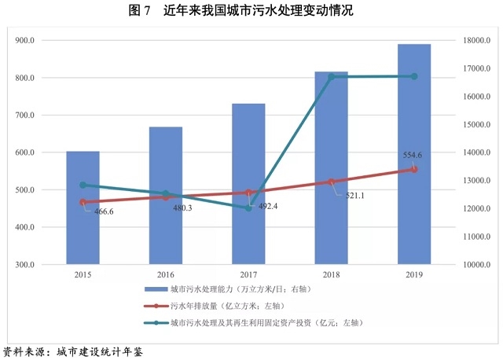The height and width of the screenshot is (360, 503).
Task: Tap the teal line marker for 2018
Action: click(x=332, y=76)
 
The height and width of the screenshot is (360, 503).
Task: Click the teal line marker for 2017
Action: click(x=248, y=208)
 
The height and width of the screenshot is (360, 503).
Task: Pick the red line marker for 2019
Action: click(x=414, y=169)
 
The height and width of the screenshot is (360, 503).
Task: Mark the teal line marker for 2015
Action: click(x=83, y=186)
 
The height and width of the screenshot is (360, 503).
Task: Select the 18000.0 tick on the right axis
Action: click(x=477, y=41)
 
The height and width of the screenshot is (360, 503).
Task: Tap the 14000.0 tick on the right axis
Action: click(x=477, y=152)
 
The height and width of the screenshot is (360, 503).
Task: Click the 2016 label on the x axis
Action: click(x=166, y=275)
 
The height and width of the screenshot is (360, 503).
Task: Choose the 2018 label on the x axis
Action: click(x=332, y=275)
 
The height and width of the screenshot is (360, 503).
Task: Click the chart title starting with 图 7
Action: click(x=251, y=11)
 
